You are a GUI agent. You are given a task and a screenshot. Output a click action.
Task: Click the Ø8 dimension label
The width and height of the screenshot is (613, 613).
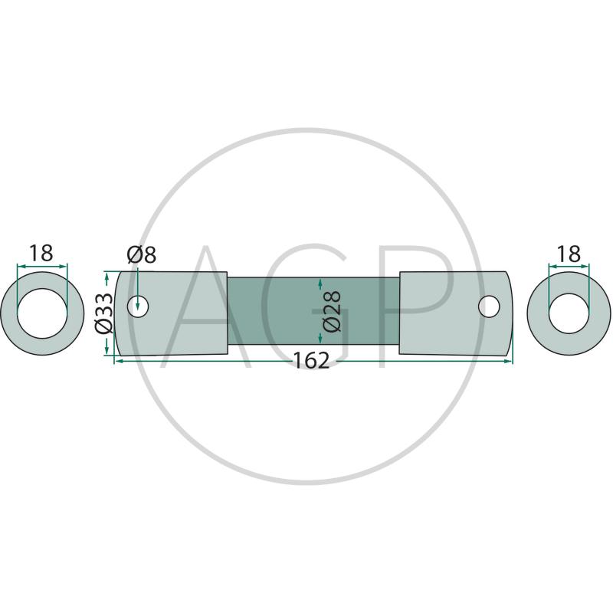click(x=141, y=255)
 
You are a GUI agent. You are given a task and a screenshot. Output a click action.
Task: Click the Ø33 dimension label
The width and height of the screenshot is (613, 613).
click(x=104, y=313)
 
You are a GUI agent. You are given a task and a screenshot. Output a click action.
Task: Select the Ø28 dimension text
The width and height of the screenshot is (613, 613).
click(x=333, y=311)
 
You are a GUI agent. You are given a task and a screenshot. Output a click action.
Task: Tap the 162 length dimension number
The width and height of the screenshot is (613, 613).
click(x=311, y=360)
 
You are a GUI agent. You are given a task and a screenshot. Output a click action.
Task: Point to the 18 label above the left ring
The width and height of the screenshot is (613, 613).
click(x=41, y=254)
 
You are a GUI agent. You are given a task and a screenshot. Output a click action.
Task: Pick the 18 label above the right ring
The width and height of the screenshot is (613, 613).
click(x=569, y=254)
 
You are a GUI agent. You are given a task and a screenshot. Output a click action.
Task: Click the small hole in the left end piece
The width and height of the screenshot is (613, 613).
click(x=138, y=306)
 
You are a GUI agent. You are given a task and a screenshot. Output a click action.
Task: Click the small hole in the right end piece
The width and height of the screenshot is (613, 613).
click(x=489, y=306)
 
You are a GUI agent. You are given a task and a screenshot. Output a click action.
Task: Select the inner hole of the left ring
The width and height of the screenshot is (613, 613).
click(x=42, y=313)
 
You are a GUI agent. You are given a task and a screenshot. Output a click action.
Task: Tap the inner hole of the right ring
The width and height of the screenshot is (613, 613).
click(x=569, y=313)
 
